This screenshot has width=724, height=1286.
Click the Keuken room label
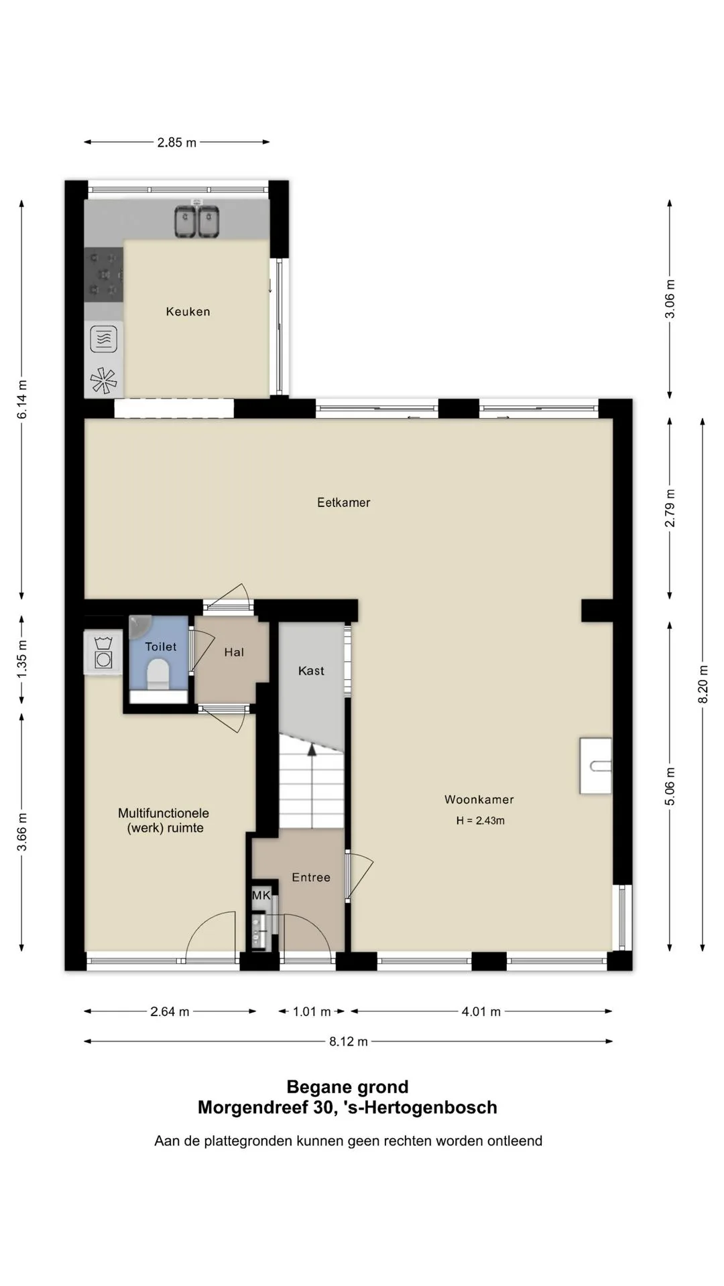(188, 311)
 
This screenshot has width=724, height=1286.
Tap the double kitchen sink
(197, 222)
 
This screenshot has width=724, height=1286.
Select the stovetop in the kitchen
(104, 275)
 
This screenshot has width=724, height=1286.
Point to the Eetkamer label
(343, 502)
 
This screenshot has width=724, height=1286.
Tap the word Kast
(311, 670)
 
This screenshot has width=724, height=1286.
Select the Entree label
(311, 877)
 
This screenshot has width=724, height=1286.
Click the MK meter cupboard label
(261, 896)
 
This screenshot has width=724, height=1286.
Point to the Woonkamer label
(479, 799)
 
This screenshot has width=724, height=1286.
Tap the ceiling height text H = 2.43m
(481, 820)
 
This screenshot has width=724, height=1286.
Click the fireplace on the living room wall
(596, 766)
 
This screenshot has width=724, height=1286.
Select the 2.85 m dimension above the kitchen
(177, 142)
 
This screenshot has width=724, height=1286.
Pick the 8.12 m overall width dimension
(349, 1042)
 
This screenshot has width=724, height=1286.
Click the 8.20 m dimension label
(703, 684)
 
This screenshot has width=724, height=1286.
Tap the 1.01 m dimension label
(312, 1011)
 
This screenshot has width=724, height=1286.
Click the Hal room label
(234, 652)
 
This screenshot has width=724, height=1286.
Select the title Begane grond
(347, 1087)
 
